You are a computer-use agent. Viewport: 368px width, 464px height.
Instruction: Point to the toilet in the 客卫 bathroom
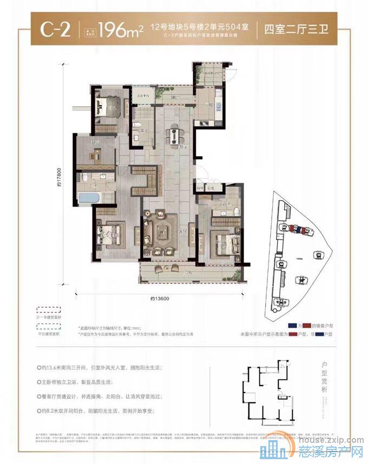click(135, 127)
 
